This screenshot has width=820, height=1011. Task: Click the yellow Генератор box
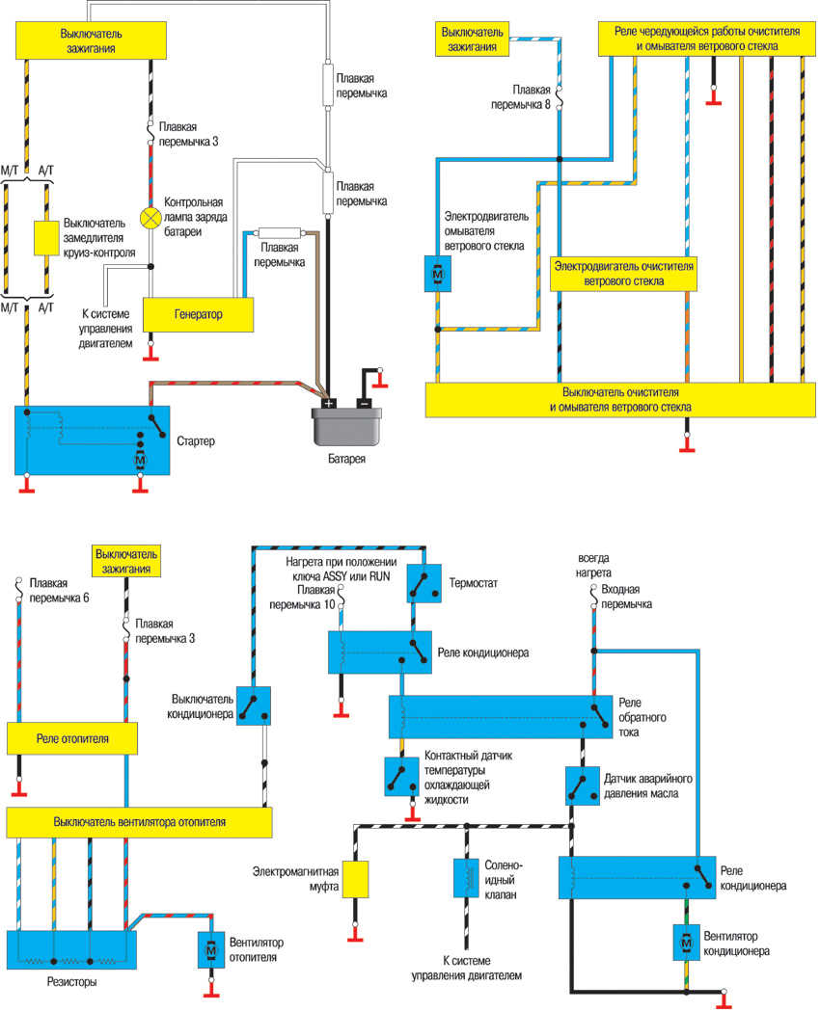(x=199, y=314)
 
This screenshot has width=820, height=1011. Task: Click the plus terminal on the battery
(x=329, y=404)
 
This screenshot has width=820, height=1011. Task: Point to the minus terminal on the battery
(x=363, y=404)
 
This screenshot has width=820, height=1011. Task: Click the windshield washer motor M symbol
(x=437, y=274)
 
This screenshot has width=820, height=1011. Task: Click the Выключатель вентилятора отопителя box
(x=139, y=822)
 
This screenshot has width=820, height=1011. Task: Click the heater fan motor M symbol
(x=210, y=949)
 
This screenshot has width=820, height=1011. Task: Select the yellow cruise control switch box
(x=46, y=238)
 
